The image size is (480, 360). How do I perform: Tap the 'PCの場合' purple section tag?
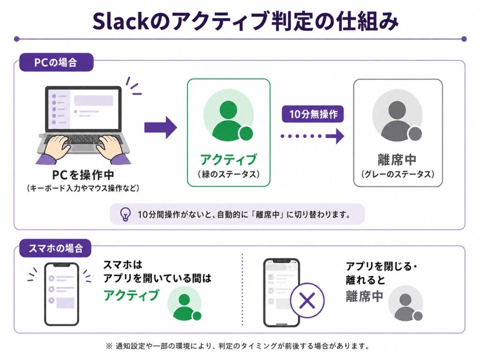[56, 62]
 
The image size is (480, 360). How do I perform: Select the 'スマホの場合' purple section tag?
[55, 248]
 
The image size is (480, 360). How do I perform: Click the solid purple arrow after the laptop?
[161, 127]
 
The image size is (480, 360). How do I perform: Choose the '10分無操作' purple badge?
[313, 114]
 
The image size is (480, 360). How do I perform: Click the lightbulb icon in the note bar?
[125, 214]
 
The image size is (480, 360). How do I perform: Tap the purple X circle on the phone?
[307, 300]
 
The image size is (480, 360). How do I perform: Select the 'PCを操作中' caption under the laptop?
[83, 175]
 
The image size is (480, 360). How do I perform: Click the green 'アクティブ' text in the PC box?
[228, 159]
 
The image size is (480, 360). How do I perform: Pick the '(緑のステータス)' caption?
[229, 174]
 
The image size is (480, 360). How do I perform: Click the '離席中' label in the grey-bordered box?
[397, 159]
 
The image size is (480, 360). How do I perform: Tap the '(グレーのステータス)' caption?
[397, 174]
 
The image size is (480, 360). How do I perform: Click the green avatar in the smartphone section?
[185, 303]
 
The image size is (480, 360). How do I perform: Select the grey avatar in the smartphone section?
[405, 303]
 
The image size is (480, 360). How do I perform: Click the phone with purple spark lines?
[61, 294]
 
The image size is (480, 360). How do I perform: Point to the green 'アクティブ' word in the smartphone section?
[132, 295]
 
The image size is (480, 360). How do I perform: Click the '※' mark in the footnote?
[109, 346]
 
